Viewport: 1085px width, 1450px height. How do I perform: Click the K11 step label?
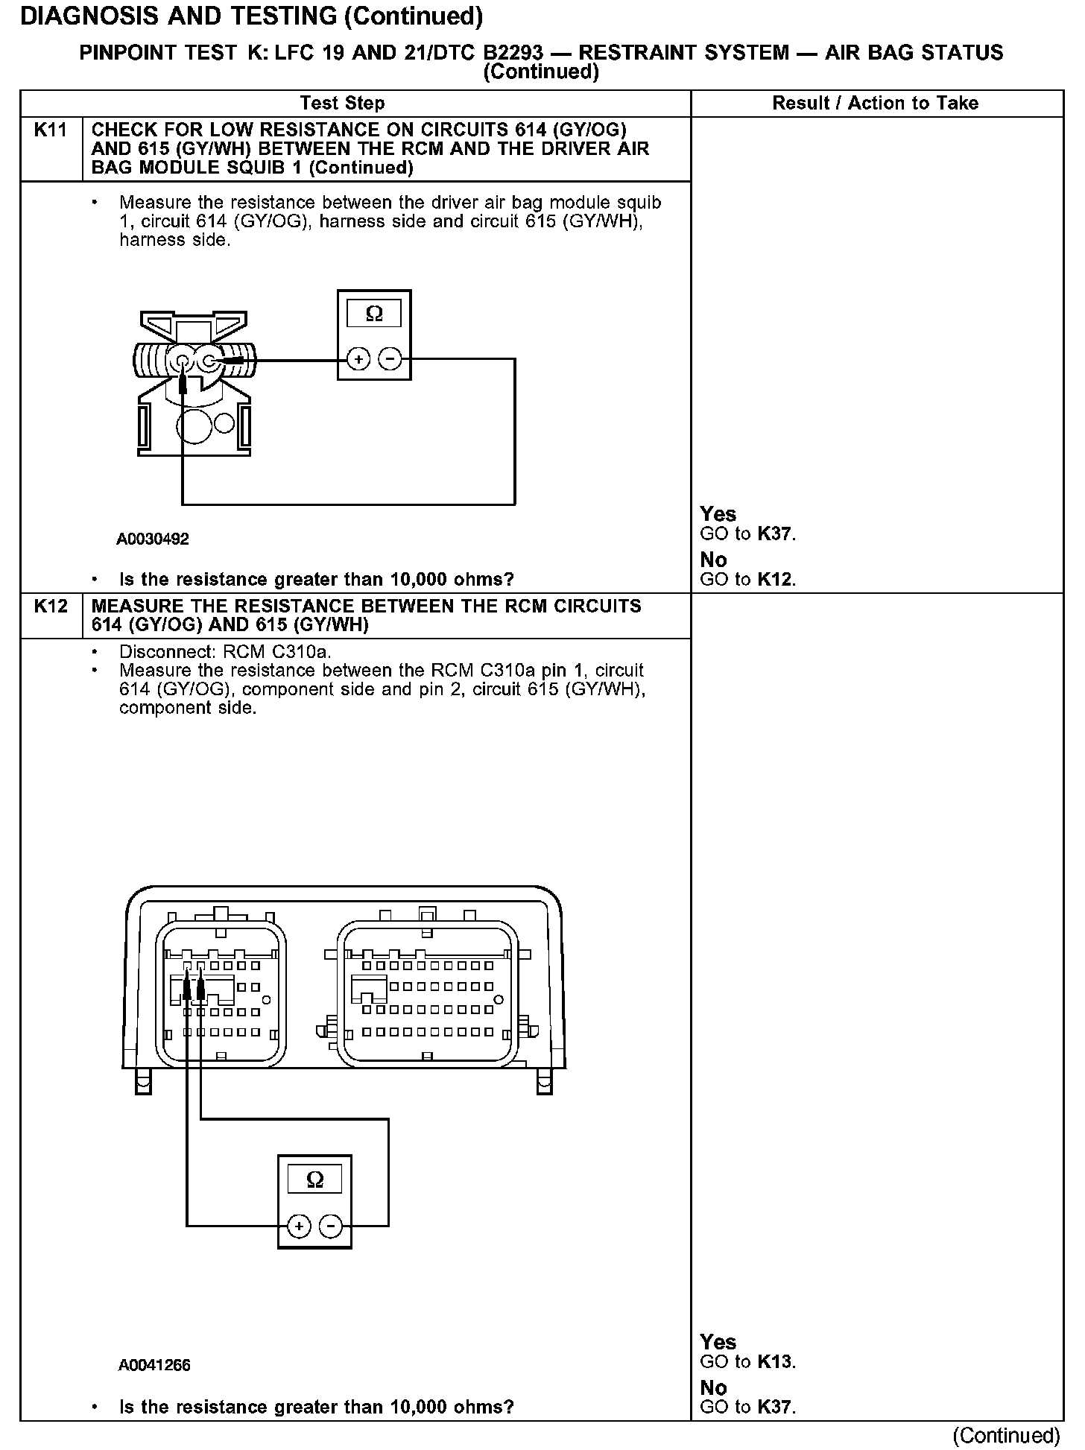[51, 130]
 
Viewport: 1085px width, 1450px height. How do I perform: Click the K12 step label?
[51, 607]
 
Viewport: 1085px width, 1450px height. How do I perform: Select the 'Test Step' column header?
[342, 104]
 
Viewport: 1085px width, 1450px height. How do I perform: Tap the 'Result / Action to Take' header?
[875, 104]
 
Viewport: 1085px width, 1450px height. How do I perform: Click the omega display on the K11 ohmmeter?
[374, 314]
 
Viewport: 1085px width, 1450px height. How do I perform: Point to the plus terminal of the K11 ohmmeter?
[358, 360]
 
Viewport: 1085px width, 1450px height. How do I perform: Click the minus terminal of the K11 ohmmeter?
[390, 360]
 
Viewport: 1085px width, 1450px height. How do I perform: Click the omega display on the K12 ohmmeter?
[315, 1180]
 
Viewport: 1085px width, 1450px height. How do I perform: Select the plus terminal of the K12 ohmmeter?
[299, 1226]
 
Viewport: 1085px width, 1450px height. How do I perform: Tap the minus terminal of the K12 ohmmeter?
[331, 1226]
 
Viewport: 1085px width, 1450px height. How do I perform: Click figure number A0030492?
[153, 539]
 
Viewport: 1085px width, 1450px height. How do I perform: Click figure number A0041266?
[154, 1365]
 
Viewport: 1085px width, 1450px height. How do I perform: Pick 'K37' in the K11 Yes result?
[775, 534]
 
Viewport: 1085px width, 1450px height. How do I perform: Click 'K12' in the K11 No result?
[775, 580]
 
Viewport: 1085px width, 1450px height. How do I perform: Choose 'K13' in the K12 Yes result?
[775, 1362]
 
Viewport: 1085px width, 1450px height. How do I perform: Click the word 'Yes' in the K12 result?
[718, 1342]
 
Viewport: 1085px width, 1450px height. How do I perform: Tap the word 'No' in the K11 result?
[713, 560]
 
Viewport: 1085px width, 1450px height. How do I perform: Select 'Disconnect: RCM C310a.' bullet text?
[226, 652]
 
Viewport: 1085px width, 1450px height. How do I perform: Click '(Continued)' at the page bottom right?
[1006, 1435]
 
